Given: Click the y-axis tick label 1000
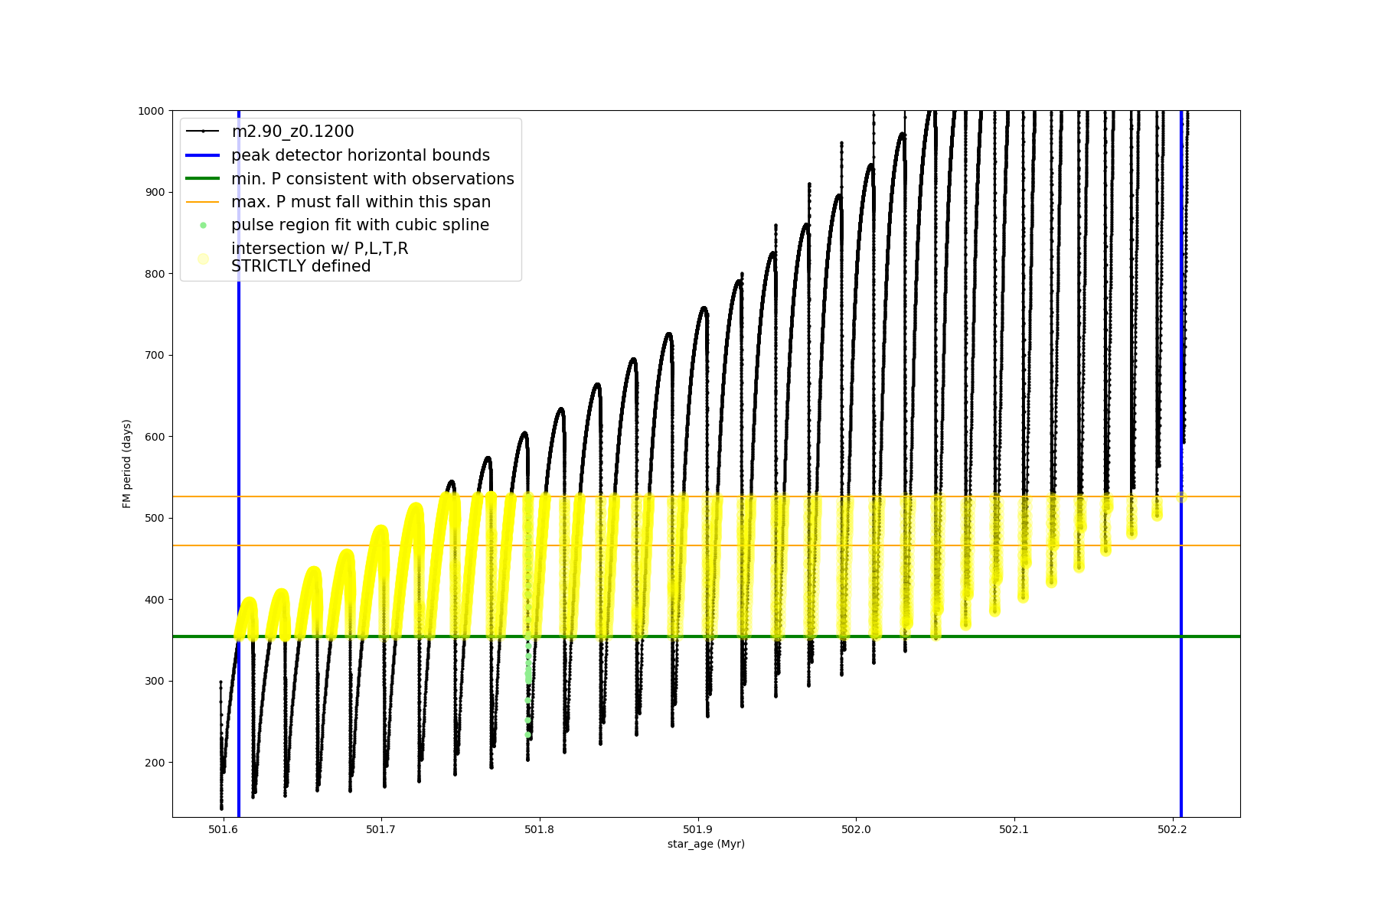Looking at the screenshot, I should point(151,111).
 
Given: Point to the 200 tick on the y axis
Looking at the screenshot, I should point(154,763).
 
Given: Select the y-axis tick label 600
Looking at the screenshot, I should point(154,437).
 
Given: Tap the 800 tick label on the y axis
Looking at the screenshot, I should point(154,274).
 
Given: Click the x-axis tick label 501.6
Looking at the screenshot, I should point(223,829).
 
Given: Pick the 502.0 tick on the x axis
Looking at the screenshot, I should point(856,829).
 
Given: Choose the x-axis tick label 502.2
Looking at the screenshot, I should point(1172,829).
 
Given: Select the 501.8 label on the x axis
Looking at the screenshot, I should point(539,829).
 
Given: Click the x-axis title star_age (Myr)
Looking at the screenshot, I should point(706,844).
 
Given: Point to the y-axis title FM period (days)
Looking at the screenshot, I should point(127,464).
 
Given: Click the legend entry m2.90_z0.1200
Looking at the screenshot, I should point(292,132).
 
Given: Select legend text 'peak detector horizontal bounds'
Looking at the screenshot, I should point(361,155).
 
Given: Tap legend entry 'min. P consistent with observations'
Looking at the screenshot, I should point(373,179).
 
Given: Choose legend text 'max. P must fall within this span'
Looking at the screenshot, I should point(361,202).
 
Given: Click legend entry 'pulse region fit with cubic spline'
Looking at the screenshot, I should point(360,225).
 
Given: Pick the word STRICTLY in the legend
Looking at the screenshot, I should point(263,266).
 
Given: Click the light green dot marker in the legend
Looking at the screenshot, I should point(203,225).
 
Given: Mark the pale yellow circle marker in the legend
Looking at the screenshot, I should point(203,259).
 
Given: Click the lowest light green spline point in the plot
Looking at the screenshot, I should point(527,734).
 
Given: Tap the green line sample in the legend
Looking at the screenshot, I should point(203,179).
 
